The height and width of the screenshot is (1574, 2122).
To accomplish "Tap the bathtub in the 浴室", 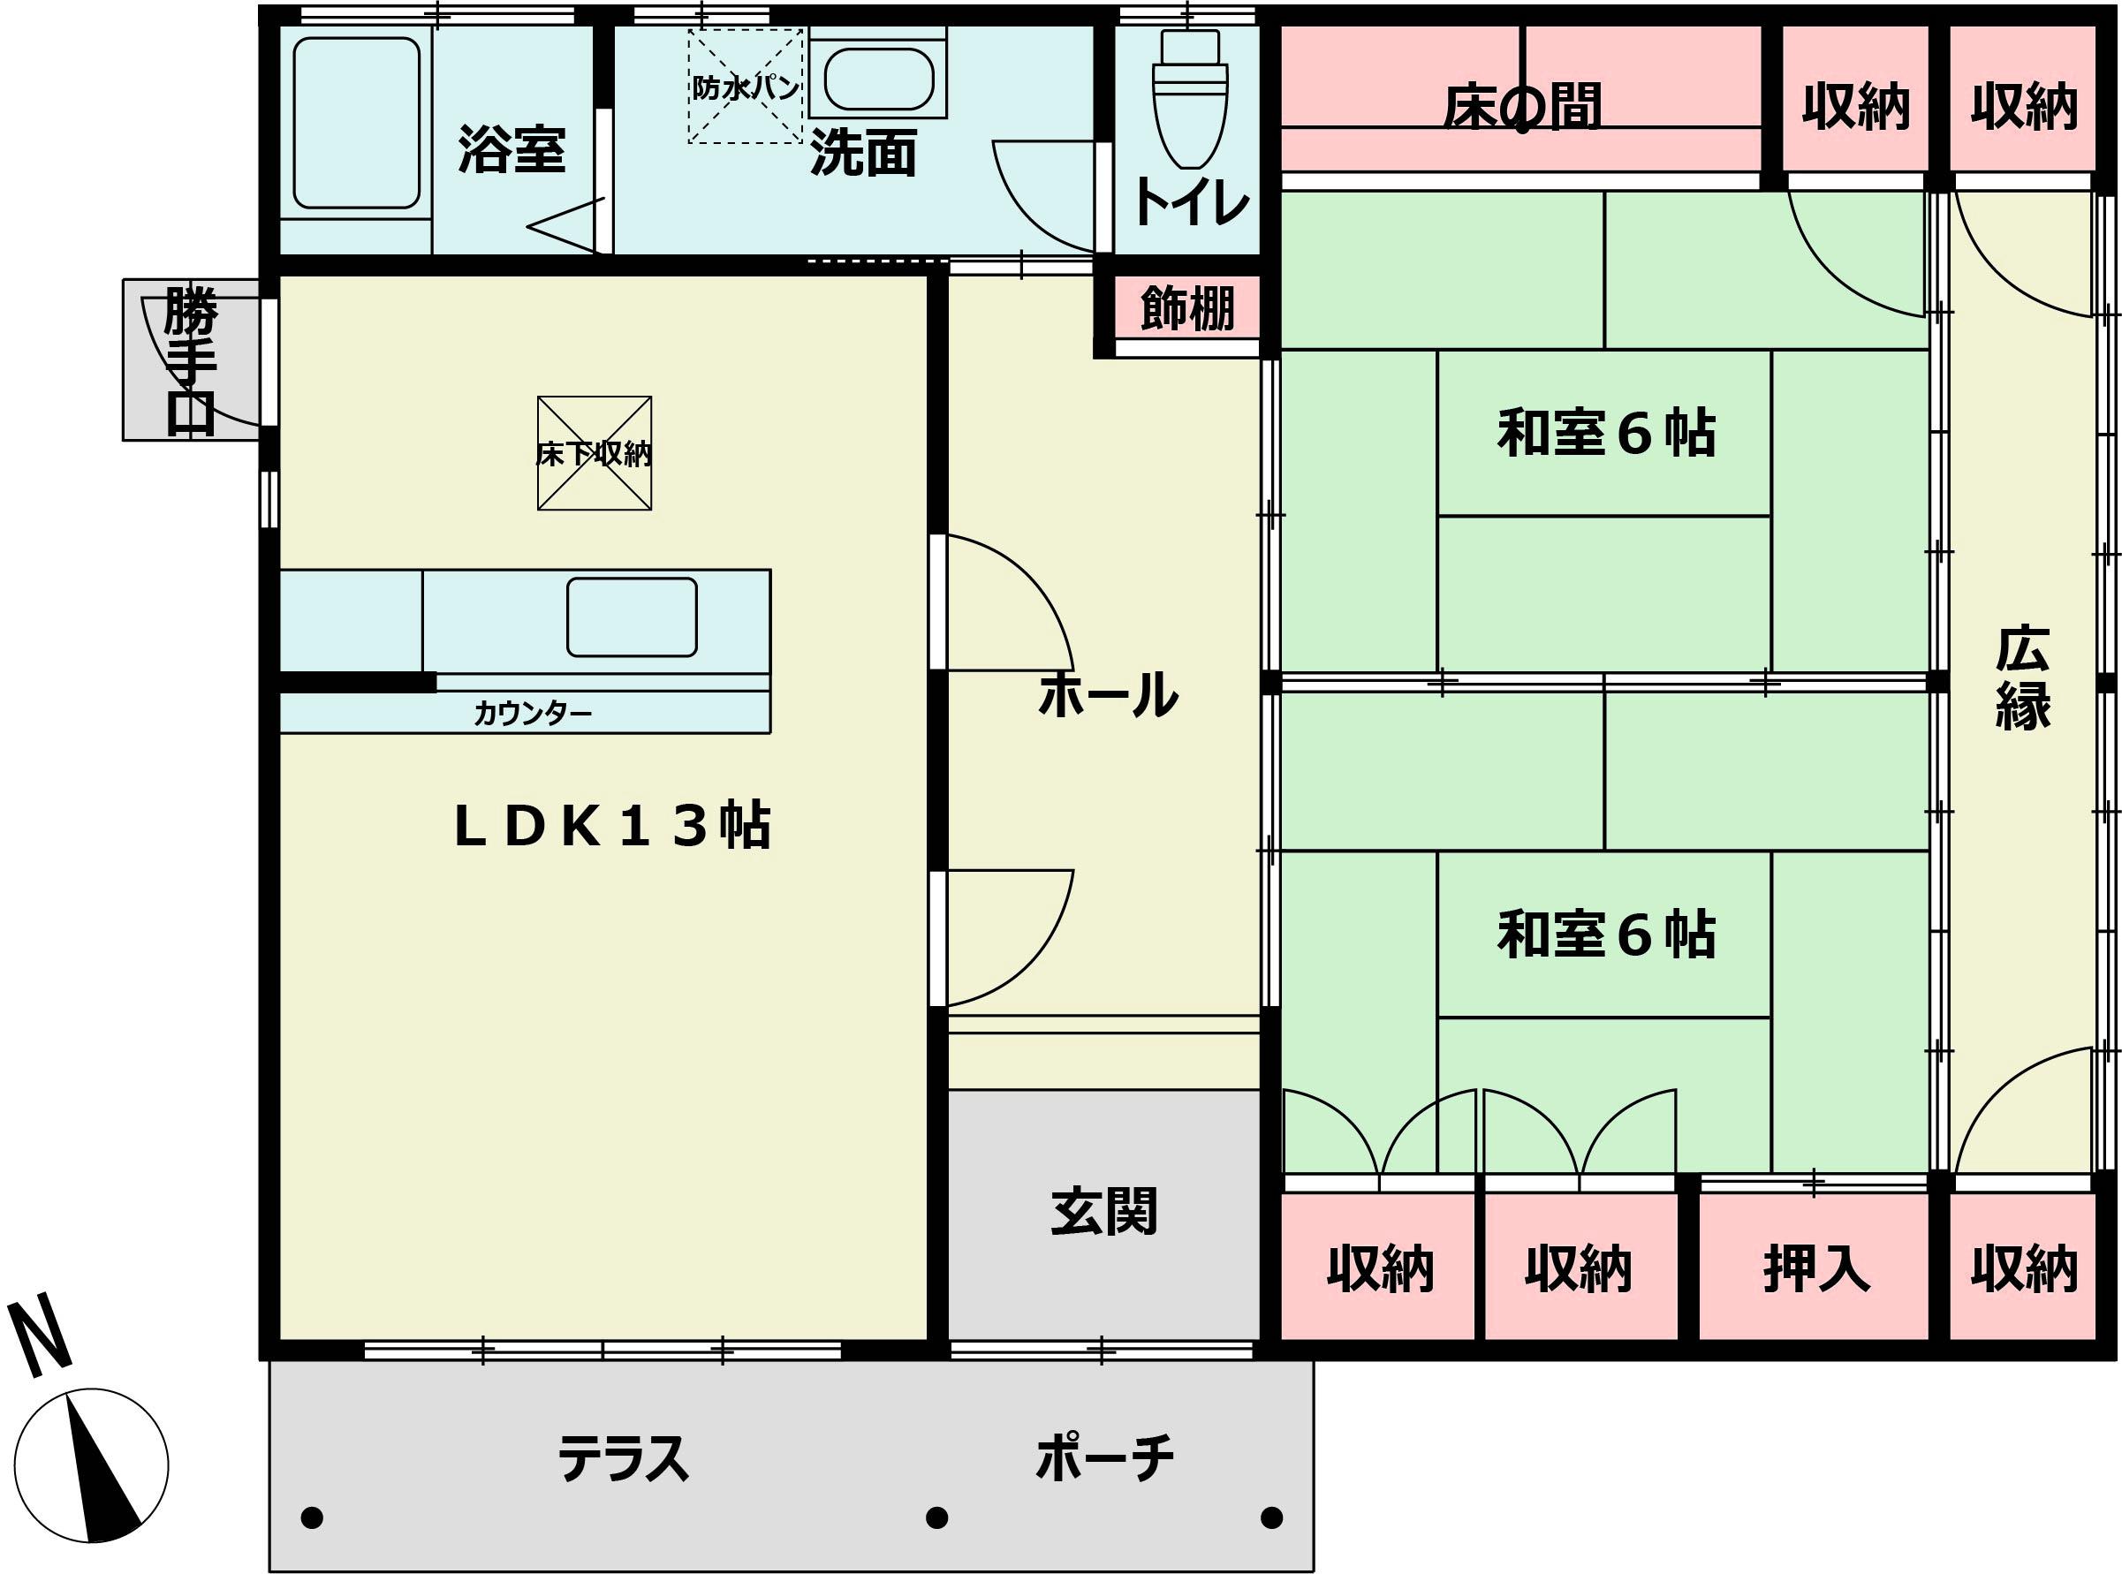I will [356, 123].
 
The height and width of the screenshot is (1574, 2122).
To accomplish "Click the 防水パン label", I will [745, 87].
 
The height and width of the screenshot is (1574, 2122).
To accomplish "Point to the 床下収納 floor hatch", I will [595, 453].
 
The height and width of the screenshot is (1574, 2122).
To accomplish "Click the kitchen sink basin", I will [632, 617].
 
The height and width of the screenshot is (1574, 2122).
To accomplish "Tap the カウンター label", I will [533, 713].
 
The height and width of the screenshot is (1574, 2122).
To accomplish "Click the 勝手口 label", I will [191, 360].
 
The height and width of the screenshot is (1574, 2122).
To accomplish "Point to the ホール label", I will [1107, 694].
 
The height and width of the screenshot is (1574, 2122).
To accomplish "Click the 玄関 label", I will [1103, 1211].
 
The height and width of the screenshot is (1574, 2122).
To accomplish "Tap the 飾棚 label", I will [1187, 307].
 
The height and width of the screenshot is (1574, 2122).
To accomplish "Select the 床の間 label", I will [1520, 106].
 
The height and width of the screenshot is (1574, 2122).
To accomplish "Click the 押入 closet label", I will [1816, 1268].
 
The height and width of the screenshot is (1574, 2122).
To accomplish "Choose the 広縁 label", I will [2022, 677].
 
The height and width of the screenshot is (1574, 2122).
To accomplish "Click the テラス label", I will [622, 1458].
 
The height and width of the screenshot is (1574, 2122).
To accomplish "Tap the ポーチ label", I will [1104, 1457].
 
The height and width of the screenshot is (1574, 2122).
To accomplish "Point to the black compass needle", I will [102, 1474].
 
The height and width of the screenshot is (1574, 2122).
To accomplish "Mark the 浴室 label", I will [512, 148].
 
